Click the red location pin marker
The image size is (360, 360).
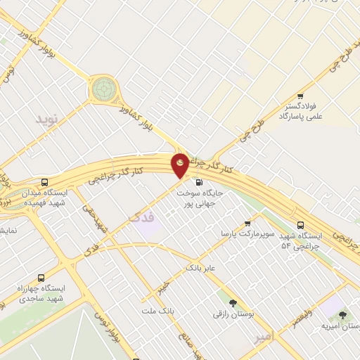coord(180,165)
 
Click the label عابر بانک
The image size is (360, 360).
coord(200,268)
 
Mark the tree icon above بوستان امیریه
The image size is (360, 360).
coord(342,315)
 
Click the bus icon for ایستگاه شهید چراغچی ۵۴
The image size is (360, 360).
coord(301,225)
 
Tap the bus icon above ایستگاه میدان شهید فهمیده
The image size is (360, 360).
coord(45,181)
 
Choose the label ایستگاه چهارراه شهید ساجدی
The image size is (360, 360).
coord(41,295)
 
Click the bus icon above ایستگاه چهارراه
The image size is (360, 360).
coord(41,278)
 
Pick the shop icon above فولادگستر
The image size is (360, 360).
coord(300,96)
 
